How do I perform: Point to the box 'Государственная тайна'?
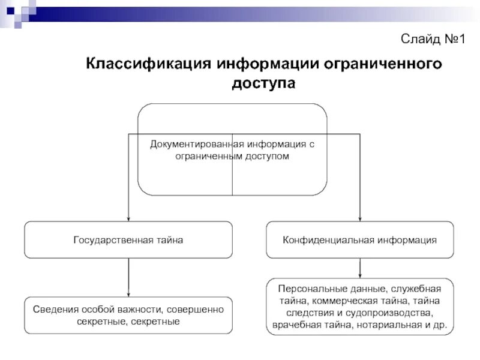pyautogui.click(x=128, y=239)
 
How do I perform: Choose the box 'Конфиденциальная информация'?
pyautogui.click(x=360, y=239)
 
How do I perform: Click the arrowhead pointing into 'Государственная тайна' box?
pyautogui.click(x=128, y=218)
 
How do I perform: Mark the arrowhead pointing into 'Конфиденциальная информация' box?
pyautogui.click(x=360, y=218)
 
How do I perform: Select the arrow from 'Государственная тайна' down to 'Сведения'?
pyautogui.click(x=128, y=277)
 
